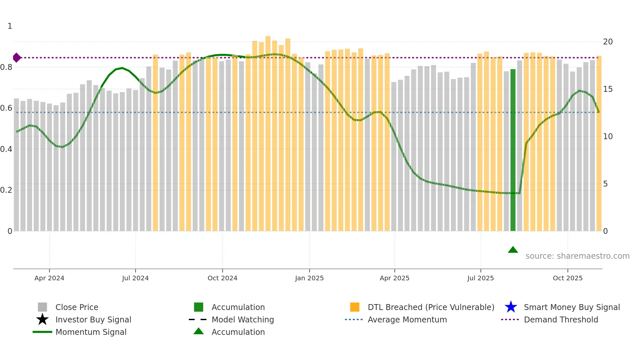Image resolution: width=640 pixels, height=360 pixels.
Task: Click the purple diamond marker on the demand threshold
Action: (17, 58)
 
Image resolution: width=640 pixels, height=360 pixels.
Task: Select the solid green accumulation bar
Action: (513, 150)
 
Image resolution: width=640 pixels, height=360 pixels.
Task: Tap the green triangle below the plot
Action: (513, 250)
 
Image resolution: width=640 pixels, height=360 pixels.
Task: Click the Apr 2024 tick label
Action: (49, 278)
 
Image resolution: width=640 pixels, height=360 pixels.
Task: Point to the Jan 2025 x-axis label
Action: (309, 278)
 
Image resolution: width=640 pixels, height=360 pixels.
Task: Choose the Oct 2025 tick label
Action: (568, 278)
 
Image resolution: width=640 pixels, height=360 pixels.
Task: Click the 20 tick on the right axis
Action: (608, 42)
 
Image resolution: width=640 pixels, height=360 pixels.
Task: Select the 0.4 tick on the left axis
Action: (7, 149)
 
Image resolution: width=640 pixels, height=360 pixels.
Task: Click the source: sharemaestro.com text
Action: (577, 256)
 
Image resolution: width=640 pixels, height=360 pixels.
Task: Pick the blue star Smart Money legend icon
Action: (511, 307)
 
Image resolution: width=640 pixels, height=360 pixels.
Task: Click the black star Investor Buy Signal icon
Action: (42, 319)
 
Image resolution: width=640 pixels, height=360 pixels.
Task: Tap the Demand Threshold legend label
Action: (561, 319)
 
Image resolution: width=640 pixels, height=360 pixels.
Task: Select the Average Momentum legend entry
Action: (407, 319)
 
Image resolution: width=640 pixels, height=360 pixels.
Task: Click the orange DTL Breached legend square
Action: (355, 307)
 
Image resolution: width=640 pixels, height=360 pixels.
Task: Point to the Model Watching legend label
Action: (243, 319)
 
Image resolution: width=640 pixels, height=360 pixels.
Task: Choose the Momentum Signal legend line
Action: (42, 332)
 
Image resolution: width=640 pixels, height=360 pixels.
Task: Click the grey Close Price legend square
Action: (42, 307)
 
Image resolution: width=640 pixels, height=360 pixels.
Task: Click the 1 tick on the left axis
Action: (10, 26)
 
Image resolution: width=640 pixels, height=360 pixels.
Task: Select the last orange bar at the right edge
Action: (599, 144)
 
